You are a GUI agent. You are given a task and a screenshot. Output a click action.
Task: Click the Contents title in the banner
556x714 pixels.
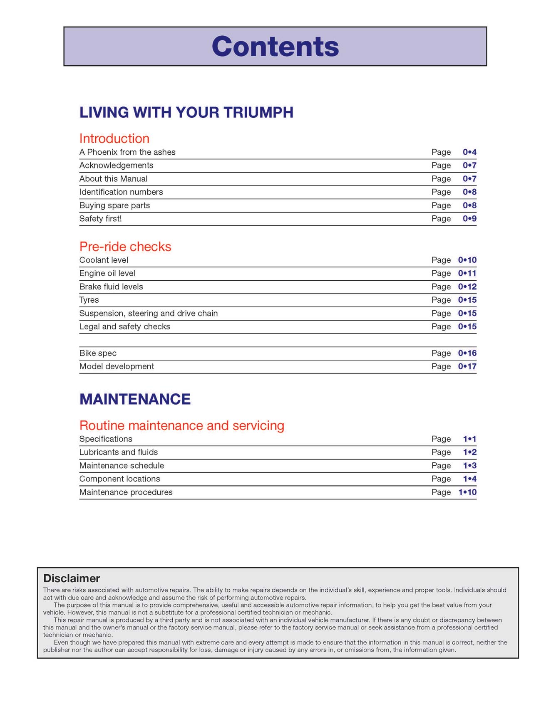pos(275,46)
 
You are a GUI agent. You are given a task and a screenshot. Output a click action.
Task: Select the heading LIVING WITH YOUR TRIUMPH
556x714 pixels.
pos(186,112)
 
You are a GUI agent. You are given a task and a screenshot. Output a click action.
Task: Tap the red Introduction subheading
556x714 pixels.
pos(114,138)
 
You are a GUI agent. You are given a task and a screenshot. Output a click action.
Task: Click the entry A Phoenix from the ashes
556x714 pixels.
pos(127,152)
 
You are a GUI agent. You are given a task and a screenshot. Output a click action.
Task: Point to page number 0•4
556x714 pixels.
pos(469,152)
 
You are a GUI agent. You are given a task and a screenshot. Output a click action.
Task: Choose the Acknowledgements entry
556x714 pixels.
pos(116,166)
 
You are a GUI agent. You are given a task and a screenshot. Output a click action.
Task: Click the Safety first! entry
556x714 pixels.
pos(100,219)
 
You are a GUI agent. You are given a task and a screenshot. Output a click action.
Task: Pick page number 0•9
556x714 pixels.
pos(469,219)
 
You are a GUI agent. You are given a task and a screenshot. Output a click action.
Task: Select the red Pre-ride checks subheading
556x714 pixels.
pos(125,247)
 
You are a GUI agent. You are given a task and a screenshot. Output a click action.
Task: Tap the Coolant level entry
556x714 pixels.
pos(104,260)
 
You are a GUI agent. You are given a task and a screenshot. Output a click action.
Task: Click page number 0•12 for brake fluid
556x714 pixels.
pos(467,287)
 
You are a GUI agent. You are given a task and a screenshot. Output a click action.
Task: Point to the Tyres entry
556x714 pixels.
pos(89,300)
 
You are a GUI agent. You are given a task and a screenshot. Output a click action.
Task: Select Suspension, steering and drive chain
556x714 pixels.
pos(148,314)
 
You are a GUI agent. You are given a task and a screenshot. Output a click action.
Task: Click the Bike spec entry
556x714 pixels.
pos(98,353)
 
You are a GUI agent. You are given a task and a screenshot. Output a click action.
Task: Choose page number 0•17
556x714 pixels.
pos(467,367)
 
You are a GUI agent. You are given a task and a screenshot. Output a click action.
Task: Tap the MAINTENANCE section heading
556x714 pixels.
pos(135,399)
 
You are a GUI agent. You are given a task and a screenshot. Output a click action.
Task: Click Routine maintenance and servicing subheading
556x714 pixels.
pos(181,425)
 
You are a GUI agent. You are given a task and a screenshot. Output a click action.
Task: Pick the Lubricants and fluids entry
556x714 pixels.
pos(118,452)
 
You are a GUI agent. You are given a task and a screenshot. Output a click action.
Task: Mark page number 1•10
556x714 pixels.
pos(467,492)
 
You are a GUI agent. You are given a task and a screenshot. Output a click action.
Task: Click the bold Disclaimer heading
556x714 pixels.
pos(72,578)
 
